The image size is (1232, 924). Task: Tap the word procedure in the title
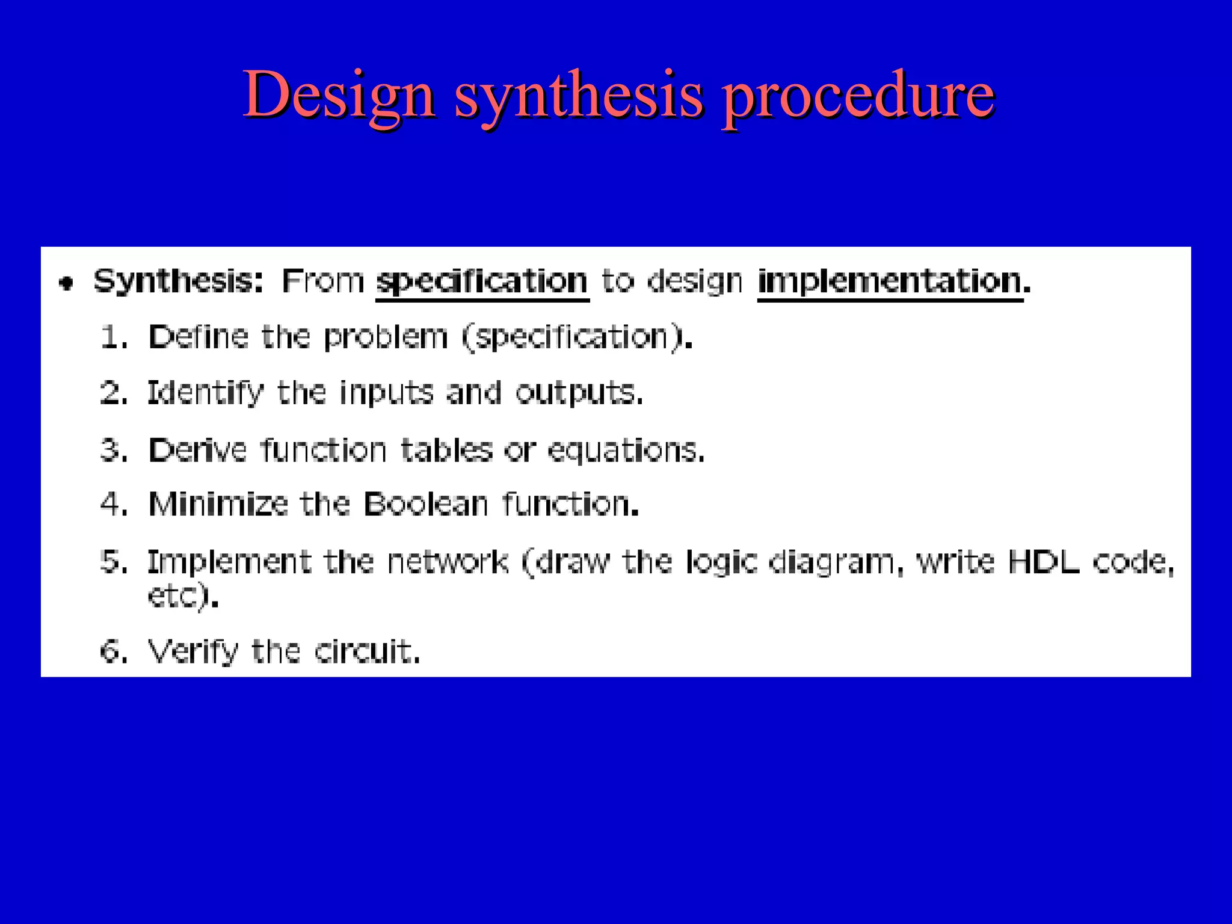tap(858, 96)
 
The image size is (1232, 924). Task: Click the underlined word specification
tap(482, 282)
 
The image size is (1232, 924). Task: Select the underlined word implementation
tap(890, 282)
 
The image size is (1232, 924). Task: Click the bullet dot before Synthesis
tap(66, 283)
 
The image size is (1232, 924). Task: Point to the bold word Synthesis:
tap(179, 282)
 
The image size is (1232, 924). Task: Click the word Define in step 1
tap(198, 337)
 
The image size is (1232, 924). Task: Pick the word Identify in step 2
tap(205, 393)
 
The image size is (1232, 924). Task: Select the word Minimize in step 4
tap(218, 504)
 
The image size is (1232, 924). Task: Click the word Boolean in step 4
tap(425, 504)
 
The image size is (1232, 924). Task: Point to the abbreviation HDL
tap(1043, 562)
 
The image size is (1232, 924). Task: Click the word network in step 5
tap(448, 562)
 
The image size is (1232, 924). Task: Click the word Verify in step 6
tap(192, 651)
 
